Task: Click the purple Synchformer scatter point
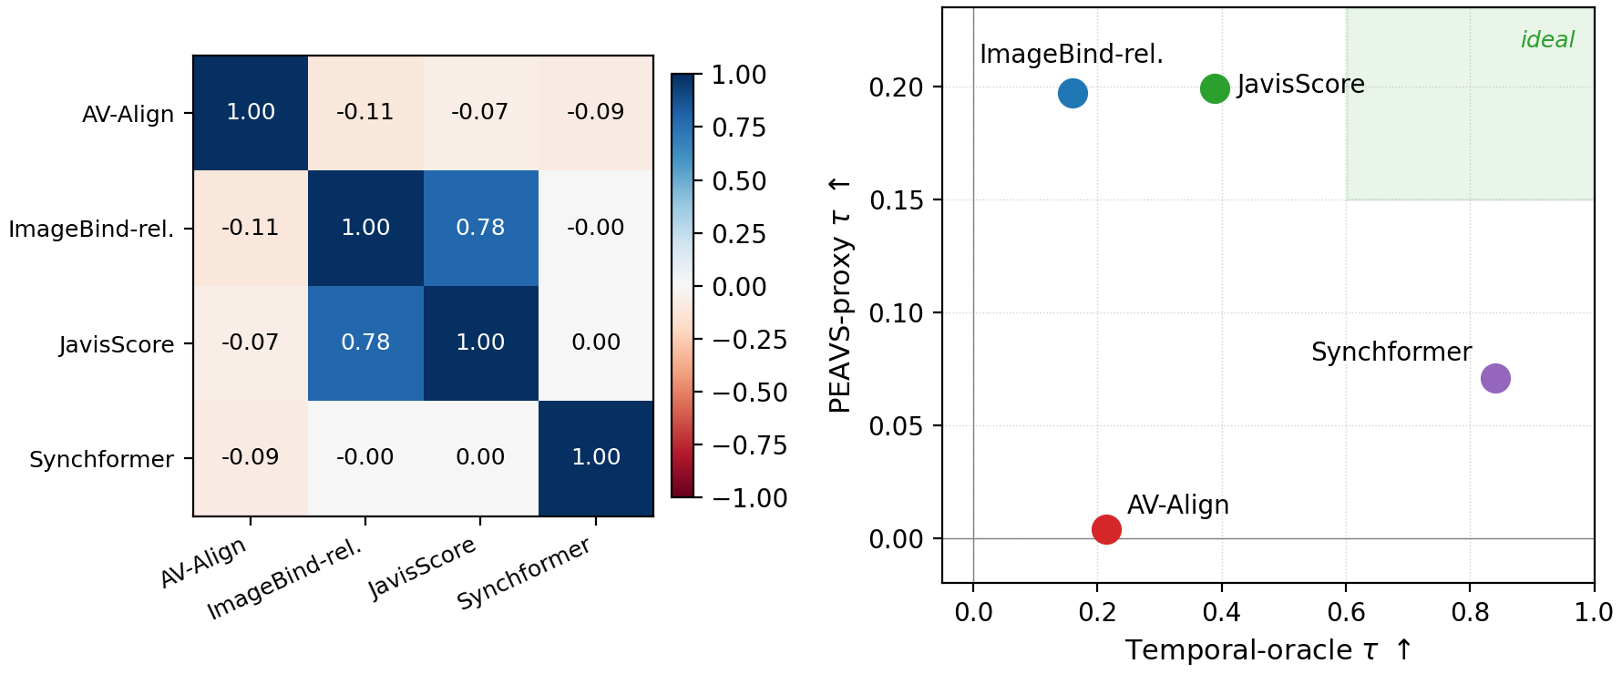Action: [1495, 378]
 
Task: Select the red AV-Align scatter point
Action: [1106, 529]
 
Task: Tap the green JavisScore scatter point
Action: [1215, 88]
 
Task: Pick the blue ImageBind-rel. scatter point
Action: [1073, 93]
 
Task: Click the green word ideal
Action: [1547, 40]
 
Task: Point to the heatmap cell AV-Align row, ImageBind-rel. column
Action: [365, 113]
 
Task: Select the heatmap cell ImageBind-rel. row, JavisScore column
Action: [481, 228]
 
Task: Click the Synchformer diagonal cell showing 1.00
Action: [596, 458]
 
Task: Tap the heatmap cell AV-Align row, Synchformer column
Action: [596, 113]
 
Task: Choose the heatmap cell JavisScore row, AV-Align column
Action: [251, 343]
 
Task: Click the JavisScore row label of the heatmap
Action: [117, 344]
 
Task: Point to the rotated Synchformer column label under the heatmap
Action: [524, 573]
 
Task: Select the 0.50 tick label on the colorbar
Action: [739, 181]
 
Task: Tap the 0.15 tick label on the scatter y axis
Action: [896, 200]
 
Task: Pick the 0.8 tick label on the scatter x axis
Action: [1470, 612]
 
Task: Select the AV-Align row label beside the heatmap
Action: [128, 114]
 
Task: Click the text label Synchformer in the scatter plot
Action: [1391, 352]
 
